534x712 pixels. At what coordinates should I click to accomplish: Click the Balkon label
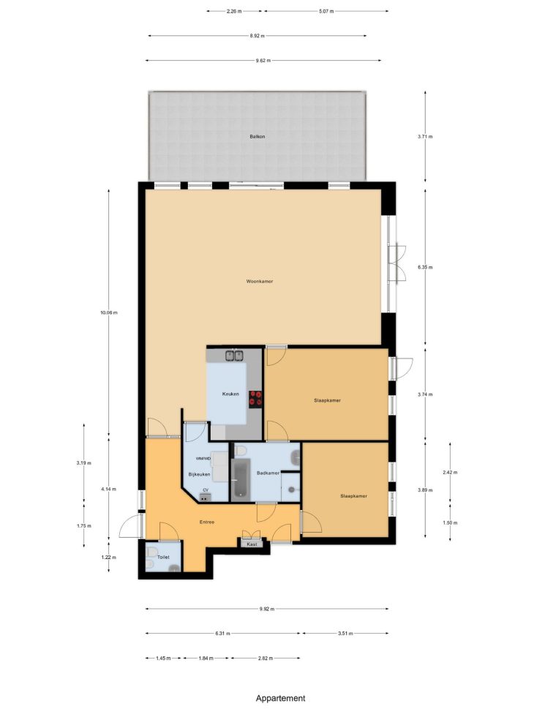pyautogui.click(x=257, y=136)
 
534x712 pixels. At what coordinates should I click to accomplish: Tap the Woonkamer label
pyautogui.click(x=260, y=282)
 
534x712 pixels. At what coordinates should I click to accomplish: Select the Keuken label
pyautogui.click(x=230, y=394)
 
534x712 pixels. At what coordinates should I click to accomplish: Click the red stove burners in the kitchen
pyautogui.click(x=255, y=398)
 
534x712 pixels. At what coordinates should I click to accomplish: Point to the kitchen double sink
pyautogui.click(x=235, y=355)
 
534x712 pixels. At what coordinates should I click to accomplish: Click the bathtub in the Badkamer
pyautogui.click(x=241, y=478)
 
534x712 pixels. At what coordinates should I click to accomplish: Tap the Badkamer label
pyautogui.click(x=268, y=473)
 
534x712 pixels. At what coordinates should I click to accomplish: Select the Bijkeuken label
pyautogui.click(x=200, y=474)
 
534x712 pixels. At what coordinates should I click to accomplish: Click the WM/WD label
pyautogui.click(x=203, y=459)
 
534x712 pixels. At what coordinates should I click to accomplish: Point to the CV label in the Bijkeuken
pyautogui.click(x=206, y=490)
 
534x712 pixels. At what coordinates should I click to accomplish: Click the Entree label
pyautogui.click(x=207, y=522)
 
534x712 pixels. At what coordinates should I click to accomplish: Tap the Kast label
pyautogui.click(x=252, y=544)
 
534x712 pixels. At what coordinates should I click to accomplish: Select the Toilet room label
pyautogui.click(x=163, y=557)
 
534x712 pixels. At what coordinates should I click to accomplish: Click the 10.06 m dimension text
pyautogui.click(x=108, y=312)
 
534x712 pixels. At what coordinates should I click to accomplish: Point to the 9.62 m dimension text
pyautogui.click(x=263, y=61)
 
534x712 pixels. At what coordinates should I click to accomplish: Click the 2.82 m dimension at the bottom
pyautogui.click(x=265, y=658)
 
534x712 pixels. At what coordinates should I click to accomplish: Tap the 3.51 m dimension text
pyautogui.click(x=345, y=634)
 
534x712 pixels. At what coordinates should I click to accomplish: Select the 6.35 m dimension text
pyautogui.click(x=425, y=267)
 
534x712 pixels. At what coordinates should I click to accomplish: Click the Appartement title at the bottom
pyautogui.click(x=281, y=698)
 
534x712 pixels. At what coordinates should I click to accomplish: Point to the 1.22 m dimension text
pyautogui.click(x=108, y=557)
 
